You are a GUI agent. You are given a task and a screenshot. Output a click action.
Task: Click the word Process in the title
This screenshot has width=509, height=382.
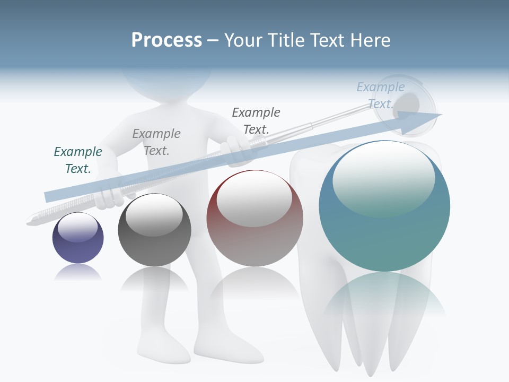(166, 40)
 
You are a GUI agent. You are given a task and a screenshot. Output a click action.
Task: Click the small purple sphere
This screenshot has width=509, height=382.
(78, 238)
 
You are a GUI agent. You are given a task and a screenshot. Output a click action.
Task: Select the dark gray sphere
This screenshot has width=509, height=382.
(154, 230)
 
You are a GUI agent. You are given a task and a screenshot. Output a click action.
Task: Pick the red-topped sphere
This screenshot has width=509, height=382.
(254, 219)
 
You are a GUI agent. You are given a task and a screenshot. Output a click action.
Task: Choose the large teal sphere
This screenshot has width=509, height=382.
(384, 207)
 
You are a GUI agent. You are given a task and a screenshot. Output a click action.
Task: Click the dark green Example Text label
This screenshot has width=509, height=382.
(78, 160)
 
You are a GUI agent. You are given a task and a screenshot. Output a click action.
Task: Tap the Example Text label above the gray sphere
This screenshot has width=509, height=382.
(156, 142)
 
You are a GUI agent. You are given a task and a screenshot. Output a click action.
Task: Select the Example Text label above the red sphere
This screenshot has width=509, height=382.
(256, 120)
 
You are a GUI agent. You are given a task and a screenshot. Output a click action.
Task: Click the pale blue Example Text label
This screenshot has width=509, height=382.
(380, 95)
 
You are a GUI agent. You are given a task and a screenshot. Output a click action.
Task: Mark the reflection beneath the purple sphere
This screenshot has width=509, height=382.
(78, 273)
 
